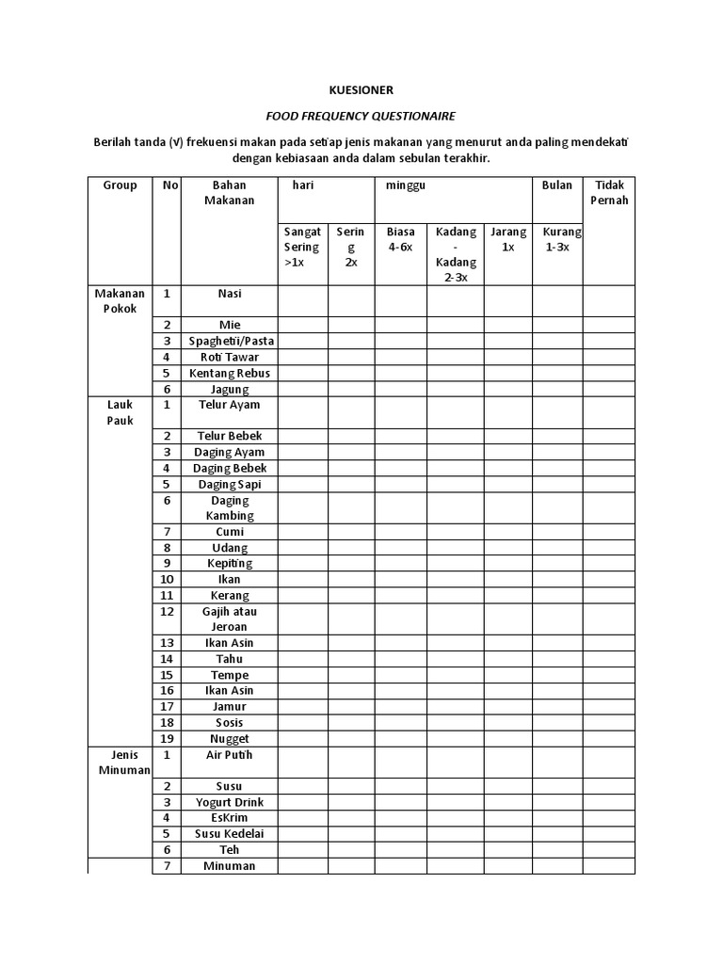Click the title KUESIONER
coord(361,90)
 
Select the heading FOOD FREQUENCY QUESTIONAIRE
coord(361,116)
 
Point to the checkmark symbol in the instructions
coord(175,141)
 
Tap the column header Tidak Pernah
coord(609,193)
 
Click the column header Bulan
coord(556,185)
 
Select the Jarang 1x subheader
coord(508,239)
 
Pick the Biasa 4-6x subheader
coord(400,239)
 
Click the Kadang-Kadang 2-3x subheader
coord(456,254)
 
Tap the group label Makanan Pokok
coord(120,301)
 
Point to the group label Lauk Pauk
coord(120,412)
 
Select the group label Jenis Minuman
coord(120,763)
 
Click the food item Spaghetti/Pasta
coord(230,341)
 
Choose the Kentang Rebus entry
coord(230,373)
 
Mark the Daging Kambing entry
coord(230,508)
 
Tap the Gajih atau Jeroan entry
coord(230,619)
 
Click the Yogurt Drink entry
coord(230,802)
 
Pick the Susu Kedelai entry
coord(230,834)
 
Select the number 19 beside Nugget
coord(167,739)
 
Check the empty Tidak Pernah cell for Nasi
coord(609,301)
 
